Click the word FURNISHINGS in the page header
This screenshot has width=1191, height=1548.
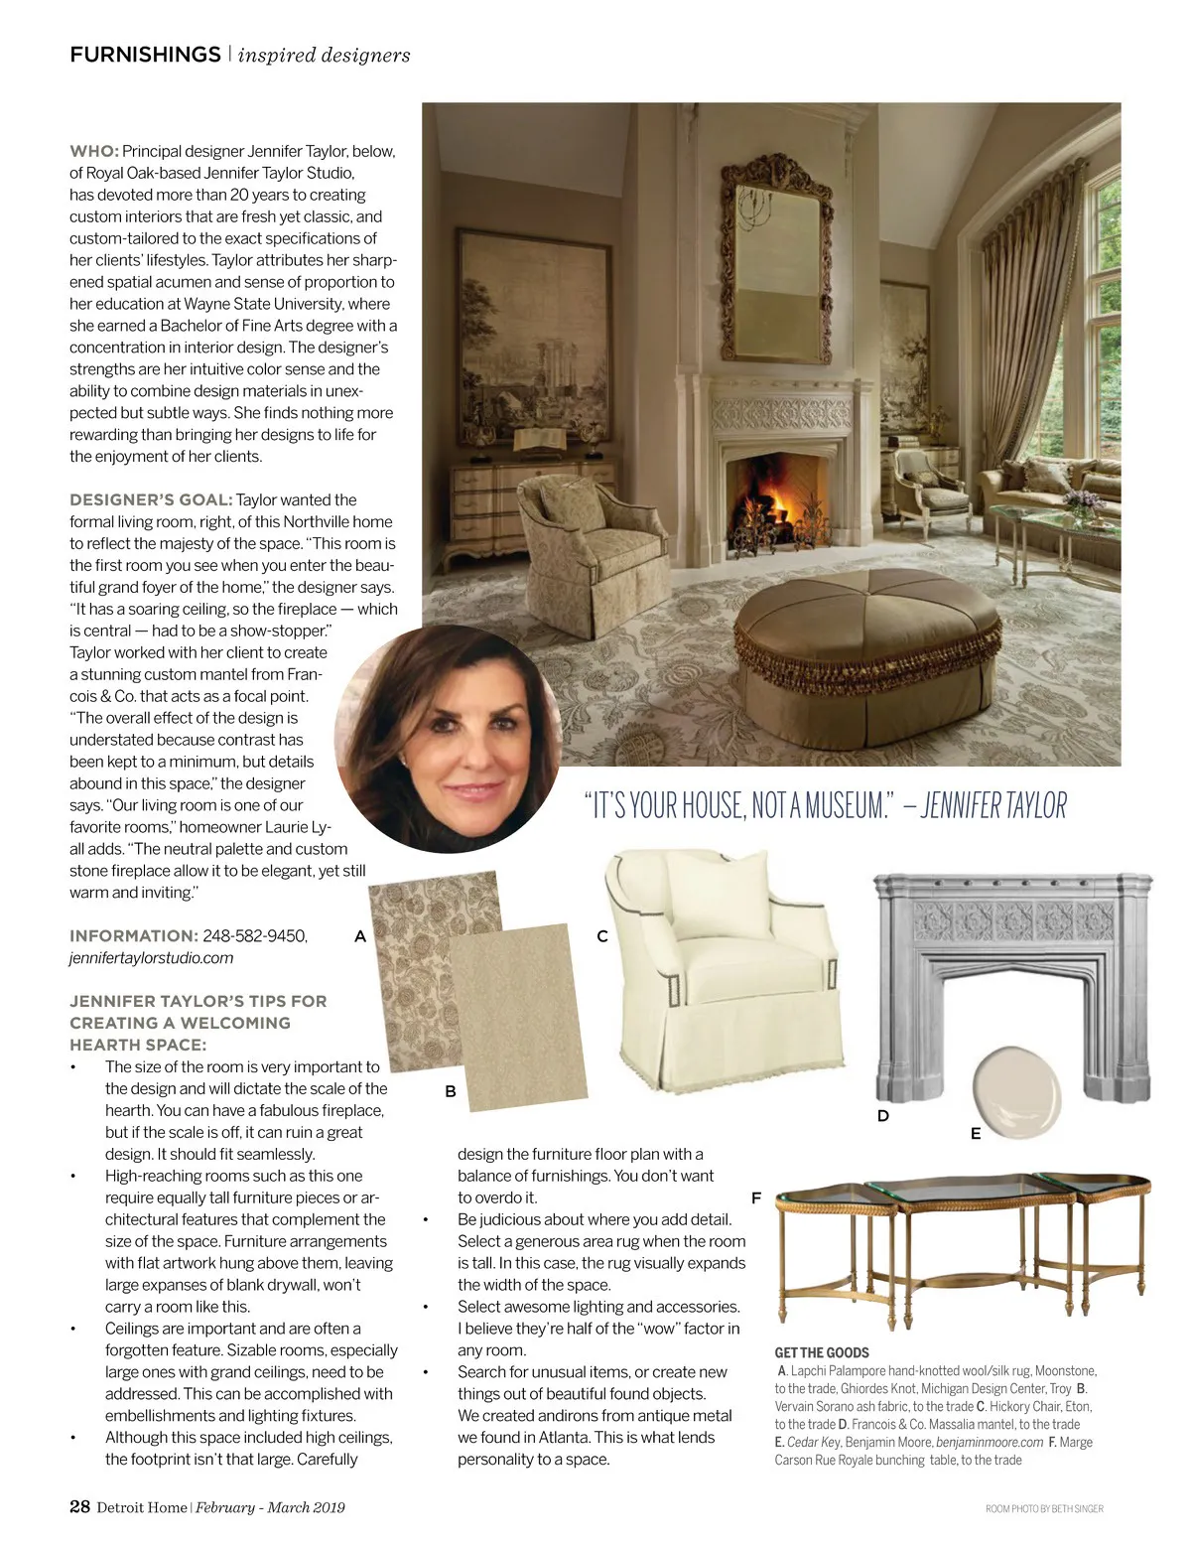click(x=145, y=55)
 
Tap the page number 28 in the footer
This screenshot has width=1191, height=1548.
click(x=79, y=1506)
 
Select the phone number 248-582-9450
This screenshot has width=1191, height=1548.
click(x=255, y=935)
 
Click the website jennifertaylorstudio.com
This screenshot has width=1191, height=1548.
click(x=151, y=958)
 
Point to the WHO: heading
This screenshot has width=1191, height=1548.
click(x=93, y=152)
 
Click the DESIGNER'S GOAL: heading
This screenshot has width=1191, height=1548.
click(x=151, y=499)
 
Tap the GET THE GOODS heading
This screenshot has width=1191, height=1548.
click(x=821, y=1352)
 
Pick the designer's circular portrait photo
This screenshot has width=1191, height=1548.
click(x=449, y=739)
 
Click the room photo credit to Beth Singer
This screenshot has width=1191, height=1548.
click(x=1044, y=1508)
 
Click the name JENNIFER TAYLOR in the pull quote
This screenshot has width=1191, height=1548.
click(x=993, y=805)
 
